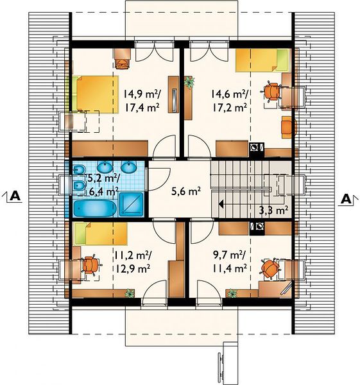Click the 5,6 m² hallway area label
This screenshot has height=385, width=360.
[x=186, y=191]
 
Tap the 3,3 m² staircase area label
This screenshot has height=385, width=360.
[x=273, y=210]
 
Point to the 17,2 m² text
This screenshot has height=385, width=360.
[x=230, y=107]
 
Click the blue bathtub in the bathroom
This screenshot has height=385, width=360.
[x=95, y=209]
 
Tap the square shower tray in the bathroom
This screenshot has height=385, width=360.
[x=131, y=205]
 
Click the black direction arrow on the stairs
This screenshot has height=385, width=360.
[x=221, y=204]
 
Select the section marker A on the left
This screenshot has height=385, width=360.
[x=15, y=196]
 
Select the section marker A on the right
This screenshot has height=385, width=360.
[x=346, y=199]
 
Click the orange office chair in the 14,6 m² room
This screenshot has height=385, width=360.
[x=272, y=92]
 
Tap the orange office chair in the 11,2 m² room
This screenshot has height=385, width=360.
[x=91, y=265]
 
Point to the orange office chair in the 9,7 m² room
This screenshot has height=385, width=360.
[x=270, y=268]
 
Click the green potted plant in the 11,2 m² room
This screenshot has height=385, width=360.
[x=129, y=293]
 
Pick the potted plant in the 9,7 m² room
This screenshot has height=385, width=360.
[x=232, y=293]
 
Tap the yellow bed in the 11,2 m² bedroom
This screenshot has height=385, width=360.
[x=101, y=234]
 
